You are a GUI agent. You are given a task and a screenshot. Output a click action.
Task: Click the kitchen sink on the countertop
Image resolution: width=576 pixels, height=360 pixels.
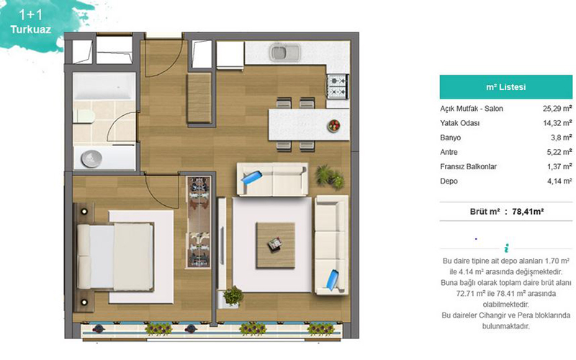[x=285, y=53]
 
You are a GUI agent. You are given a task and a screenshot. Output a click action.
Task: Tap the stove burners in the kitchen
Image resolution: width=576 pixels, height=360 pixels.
[x=337, y=86]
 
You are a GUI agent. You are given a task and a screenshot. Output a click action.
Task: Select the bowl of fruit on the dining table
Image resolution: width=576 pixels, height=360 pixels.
[x=334, y=125]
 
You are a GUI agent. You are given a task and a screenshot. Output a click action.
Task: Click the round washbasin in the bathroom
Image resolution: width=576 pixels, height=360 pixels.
[x=91, y=158]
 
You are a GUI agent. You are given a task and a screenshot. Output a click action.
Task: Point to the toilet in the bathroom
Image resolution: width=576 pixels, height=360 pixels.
[x=84, y=116]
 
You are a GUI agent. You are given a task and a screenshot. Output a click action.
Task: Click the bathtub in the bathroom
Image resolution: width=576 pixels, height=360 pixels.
[x=104, y=86]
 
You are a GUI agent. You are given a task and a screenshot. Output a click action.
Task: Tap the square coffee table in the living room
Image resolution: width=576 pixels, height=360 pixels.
[x=276, y=245]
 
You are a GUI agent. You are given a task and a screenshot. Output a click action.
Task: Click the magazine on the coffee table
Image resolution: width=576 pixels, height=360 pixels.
[x=275, y=243]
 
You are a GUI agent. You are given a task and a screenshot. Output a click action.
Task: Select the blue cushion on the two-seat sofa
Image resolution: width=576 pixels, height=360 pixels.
[x=251, y=176]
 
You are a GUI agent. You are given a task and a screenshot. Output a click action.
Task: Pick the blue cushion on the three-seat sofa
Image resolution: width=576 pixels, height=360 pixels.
[x=333, y=280]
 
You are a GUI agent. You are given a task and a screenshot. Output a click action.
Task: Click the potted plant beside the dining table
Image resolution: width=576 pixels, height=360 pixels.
[x=330, y=176]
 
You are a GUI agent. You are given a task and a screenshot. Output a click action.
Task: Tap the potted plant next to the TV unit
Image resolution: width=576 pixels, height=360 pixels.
[x=233, y=296]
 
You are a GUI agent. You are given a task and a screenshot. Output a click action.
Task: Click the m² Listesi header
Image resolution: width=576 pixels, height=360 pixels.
[x=506, y=87]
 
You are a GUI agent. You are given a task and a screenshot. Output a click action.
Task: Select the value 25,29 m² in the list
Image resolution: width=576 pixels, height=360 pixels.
[x=557, y=109]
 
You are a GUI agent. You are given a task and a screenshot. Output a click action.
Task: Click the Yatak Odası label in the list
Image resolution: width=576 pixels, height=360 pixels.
[x=459, y=123]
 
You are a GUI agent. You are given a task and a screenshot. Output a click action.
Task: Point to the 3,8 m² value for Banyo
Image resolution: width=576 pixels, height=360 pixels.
[x=562, y=138]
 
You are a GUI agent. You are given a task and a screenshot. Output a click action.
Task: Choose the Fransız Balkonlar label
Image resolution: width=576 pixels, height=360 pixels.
[x=469, y=166]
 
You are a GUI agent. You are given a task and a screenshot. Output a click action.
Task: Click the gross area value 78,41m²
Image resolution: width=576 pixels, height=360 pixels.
[x=528, y=212]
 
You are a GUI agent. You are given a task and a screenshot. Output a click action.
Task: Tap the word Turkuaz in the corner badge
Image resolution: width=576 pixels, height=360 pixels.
[x=30, y=30]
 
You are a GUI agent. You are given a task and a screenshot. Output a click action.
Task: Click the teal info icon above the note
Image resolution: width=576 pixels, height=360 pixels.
[x=506, y=248]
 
